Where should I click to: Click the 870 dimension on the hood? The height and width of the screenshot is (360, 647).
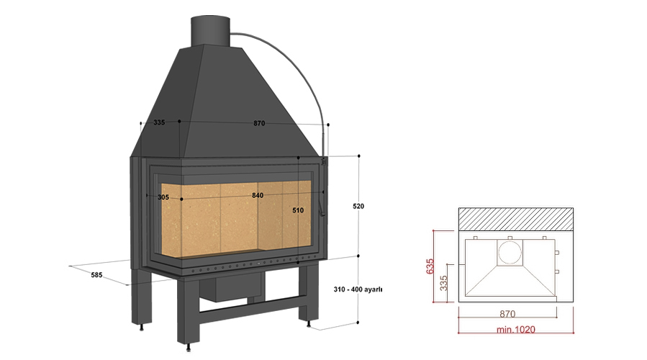[259, 123]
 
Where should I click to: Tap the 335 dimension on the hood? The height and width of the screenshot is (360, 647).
[159, 122]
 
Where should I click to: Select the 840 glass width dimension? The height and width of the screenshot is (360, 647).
[258, 195]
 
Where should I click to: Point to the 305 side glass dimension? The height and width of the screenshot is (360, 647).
[163, 197]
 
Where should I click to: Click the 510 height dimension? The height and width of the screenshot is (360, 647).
[298, 210]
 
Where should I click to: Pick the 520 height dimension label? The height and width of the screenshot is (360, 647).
[358, 206]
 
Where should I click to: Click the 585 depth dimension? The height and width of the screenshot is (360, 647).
[96, 274]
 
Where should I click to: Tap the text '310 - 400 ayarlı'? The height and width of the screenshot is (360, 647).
[358, 289]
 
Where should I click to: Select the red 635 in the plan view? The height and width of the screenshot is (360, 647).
[430, 266]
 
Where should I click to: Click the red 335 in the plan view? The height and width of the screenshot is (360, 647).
[443, 283]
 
